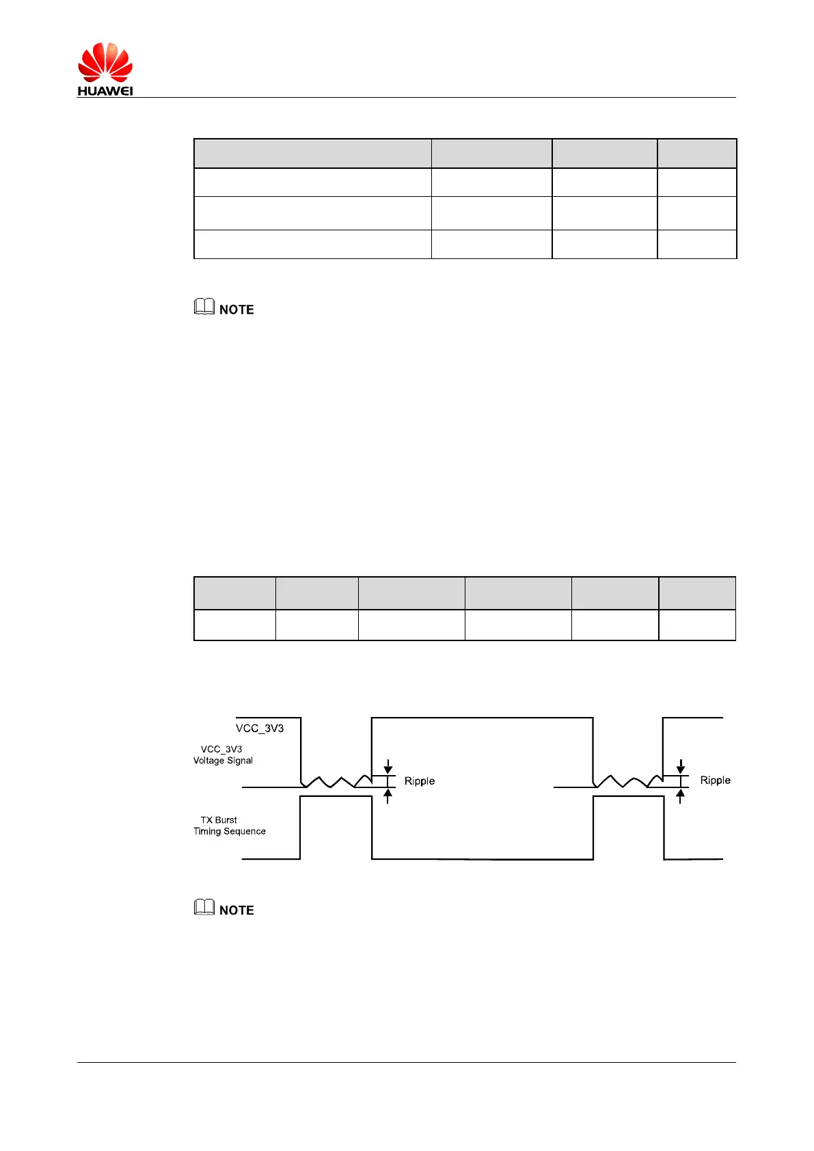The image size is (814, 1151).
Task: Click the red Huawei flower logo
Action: pos(105,62)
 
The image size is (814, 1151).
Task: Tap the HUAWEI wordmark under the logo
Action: pos(105,91)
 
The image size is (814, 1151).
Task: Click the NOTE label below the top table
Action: pos(236,310)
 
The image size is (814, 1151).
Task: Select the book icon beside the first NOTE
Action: pos(204,307)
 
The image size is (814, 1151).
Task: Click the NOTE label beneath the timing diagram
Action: pos(236,910)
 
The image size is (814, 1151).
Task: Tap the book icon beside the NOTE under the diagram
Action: pos(204,907)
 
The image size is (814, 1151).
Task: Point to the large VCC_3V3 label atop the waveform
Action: pos(260,729)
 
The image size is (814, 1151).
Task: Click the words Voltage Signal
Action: pos(223,761)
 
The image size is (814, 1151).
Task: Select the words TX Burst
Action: pos(219,820)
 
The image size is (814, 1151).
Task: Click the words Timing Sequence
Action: pos(230,832)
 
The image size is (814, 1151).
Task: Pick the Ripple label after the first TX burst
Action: pos(420,781)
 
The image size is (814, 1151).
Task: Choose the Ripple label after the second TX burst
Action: pos(715,781)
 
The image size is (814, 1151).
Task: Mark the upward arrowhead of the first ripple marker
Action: pos(388,794)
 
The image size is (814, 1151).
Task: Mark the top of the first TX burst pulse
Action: pos(336,798)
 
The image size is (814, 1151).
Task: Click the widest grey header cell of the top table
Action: pos(312,154)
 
